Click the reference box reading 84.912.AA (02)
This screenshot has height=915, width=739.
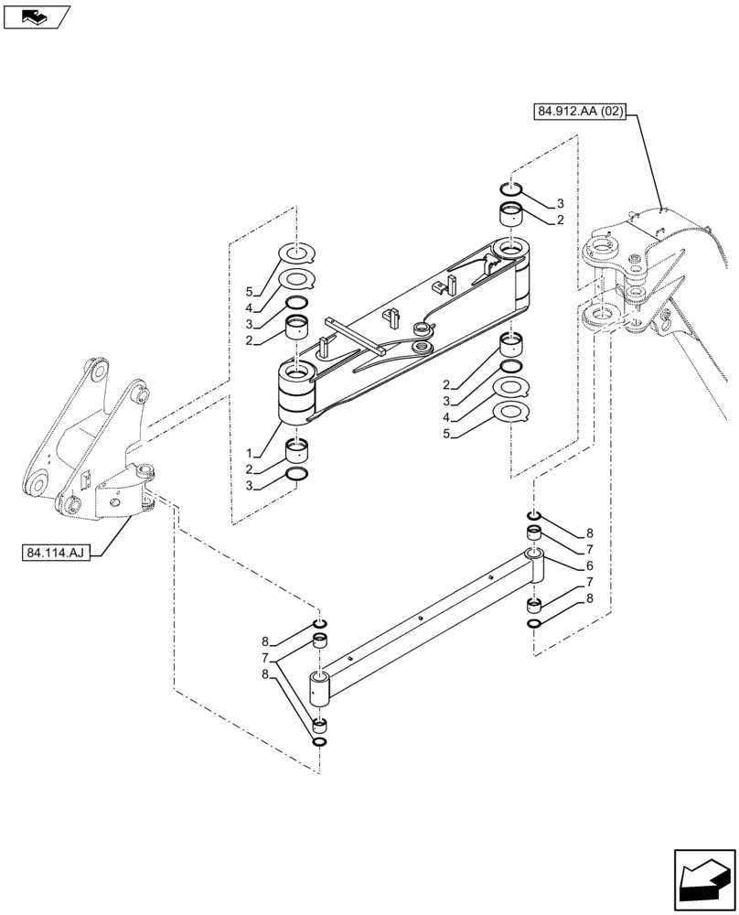point(579,112)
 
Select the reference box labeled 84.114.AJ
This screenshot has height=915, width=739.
point(54,554)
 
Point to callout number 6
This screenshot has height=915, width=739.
point(590,565)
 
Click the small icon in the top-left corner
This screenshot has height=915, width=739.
point(36,16)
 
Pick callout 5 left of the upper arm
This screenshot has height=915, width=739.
point(248,293)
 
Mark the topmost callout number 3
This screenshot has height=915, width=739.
point(561,203)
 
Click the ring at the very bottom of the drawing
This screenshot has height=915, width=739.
point(320,740)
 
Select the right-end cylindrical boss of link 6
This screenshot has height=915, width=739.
point(536,565)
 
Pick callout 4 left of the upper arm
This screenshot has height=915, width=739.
point(248,308)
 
